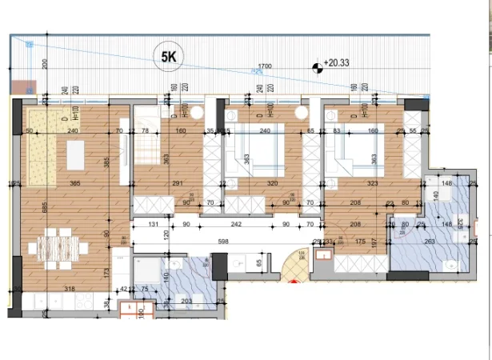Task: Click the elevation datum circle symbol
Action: coord(318,67)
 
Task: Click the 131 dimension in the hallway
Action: coord(152,225)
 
